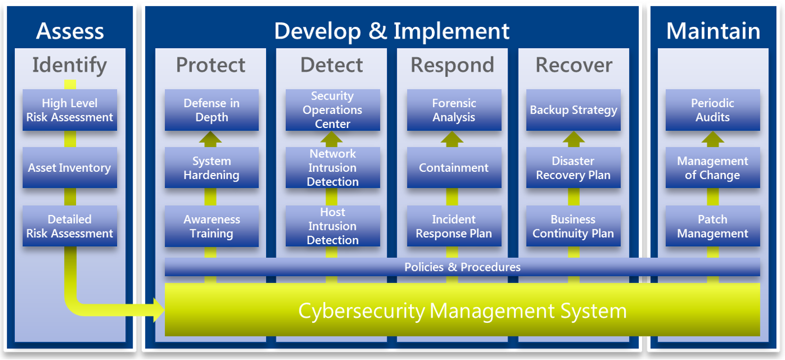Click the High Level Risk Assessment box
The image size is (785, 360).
[x=70, y=110]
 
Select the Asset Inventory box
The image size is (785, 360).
[x=70, y=168]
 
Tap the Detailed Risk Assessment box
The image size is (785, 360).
[x=70, y=226]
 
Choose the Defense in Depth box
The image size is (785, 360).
[x=211, y=110]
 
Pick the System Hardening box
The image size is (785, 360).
[x=211, y=168]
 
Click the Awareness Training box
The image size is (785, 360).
[x=211, y=226]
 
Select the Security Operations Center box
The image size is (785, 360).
[x=332, y=110]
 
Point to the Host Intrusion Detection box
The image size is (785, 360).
[x=332, y=226]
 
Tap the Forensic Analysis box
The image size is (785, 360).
[x=454, y=110]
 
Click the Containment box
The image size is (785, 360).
[x=454, y=168]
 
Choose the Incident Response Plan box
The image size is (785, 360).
[x=454, y=226]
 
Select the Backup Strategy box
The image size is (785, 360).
[x=573, y=110]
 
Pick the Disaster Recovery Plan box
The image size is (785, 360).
[x=573, y=168]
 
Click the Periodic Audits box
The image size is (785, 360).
[x=713, y=110]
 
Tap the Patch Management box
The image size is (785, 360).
[x=713, y=226]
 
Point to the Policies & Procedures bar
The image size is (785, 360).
[x=462, y=267]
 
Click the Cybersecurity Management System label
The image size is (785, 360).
[x=462, y=311]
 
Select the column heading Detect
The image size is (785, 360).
[x=332, y=65]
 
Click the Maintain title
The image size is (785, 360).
[x=713, y=31]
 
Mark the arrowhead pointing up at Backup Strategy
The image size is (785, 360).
[x=573, y=138]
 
